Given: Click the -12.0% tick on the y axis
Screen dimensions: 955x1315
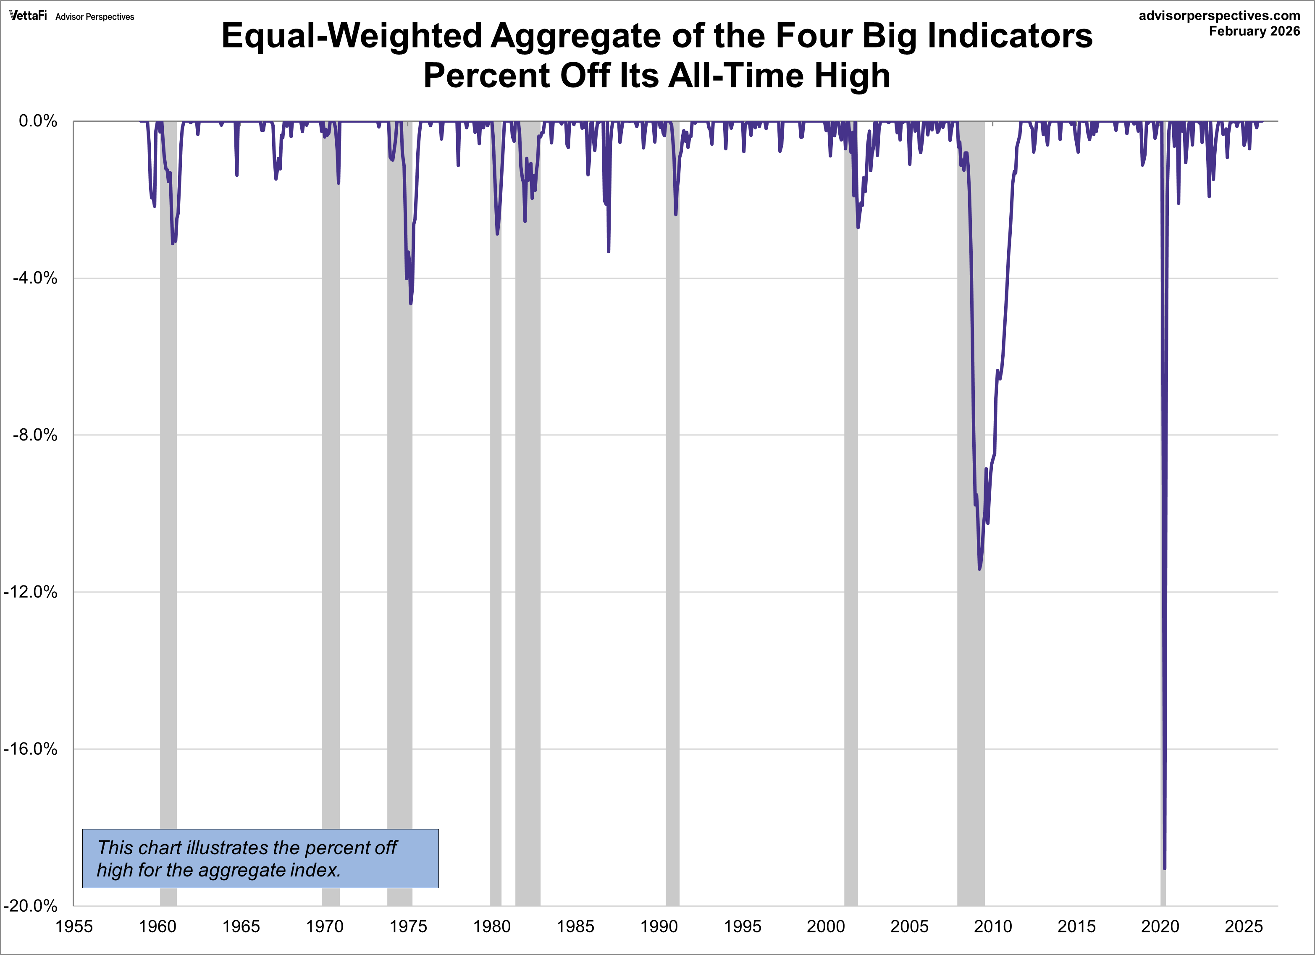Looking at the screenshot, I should (x=30, y=592).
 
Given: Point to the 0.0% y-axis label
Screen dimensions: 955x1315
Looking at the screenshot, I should (x=38, y=121).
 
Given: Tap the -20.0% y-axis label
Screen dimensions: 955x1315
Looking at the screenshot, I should (x=30, y=906).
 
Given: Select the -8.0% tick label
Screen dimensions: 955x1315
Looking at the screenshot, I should (x=35, y=435).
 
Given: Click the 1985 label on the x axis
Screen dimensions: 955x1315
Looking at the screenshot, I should (x=575, y=926).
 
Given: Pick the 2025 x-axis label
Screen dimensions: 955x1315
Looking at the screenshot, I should (x=1243, y=926).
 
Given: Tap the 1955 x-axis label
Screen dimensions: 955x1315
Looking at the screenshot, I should (x=73, y=926).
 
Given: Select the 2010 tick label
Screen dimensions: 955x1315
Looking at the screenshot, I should (x=992, y=926).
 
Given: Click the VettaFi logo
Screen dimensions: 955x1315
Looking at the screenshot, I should (x=28, y=16).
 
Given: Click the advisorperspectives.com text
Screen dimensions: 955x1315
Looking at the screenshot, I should (x=1219, y=16).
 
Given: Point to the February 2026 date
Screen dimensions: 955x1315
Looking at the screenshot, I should (x=1254, y=31).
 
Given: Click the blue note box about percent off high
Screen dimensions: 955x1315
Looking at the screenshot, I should (x=260, y=858).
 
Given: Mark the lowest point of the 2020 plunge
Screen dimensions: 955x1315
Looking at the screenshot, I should (x=1164, y=868).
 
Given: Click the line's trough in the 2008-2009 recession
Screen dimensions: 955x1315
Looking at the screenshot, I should (x=979, y=568).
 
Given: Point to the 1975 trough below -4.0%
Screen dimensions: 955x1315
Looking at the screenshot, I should (x=410, y=303).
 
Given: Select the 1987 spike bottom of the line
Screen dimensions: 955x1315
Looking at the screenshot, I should (x=608, y=251).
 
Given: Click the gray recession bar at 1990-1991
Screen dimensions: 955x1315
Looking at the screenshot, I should (x=672, y=522).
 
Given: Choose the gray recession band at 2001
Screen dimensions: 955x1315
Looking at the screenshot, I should (x=850, y=522).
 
